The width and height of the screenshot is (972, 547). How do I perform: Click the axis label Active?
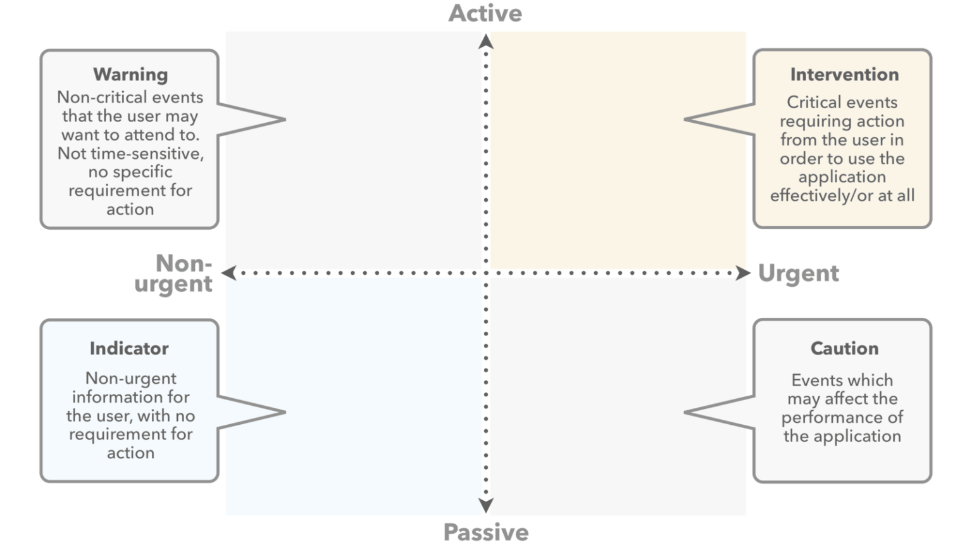[485, 13]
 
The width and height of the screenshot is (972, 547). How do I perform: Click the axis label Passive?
[486, 532]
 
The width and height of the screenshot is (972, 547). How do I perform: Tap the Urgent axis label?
[799, 273]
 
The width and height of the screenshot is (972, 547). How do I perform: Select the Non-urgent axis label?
[173, 273]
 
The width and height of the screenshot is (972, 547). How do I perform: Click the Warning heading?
[130, 74]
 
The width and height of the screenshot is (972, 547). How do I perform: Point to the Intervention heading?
[844, 74]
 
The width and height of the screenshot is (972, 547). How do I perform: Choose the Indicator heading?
[129, 348]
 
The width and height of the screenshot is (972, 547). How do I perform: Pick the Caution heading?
[844, 348]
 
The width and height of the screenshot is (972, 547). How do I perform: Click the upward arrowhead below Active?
[486, 42]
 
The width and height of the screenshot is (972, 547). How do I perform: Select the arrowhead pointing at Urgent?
[743, 273]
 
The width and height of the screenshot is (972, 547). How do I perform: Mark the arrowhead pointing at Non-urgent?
[228, 273]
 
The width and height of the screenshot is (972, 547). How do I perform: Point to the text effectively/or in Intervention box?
[821, 196]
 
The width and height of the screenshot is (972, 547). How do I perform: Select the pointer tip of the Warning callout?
[285, 119]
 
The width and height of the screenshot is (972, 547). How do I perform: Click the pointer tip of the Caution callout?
[685, 412]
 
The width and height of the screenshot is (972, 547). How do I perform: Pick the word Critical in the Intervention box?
[813, 103]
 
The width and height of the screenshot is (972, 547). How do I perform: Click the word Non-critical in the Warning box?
[103, 97]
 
